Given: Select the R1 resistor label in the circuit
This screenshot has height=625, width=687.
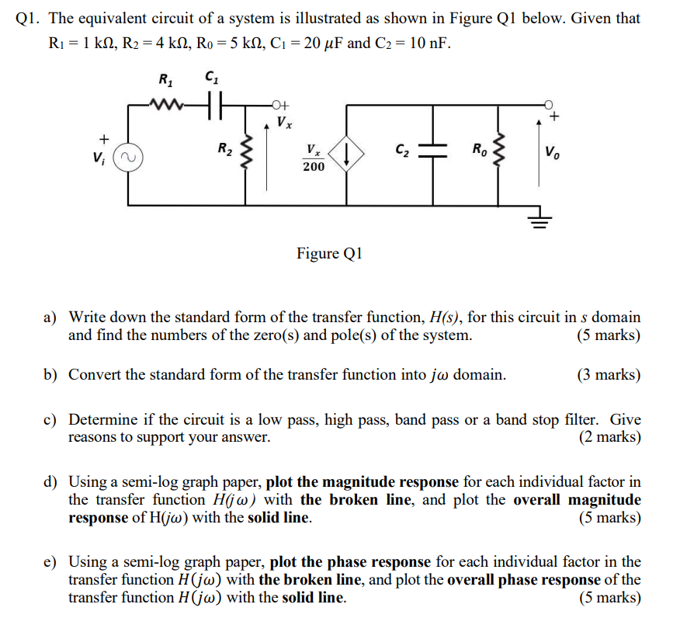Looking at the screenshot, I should pos(166,79).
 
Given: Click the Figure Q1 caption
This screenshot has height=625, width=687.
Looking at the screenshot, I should pos(329,253).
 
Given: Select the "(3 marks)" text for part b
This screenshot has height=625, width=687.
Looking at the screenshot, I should pos(609,375).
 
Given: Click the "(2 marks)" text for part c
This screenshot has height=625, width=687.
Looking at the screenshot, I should pos(609,437).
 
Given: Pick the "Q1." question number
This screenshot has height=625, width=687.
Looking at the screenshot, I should pos(29,18).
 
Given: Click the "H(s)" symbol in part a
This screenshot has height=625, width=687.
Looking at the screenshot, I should pos(443,318).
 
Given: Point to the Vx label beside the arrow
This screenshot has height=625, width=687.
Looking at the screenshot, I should pos(285,122).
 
